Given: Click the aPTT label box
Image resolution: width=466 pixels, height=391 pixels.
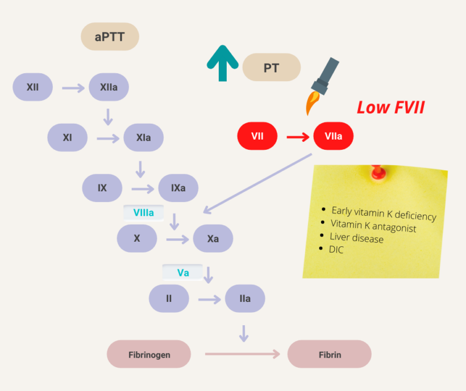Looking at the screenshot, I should (x=110, y=37).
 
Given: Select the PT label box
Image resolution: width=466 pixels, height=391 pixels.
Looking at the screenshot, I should (x=271, y=68).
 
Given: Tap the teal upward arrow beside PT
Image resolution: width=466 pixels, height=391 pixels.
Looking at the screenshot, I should (x=222, y=63).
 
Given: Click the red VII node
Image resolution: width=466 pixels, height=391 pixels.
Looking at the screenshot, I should (x=257, y=136).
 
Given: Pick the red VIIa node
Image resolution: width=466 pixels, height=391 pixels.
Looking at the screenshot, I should (x=333, y=136).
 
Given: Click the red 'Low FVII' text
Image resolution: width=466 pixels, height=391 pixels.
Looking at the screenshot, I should (x=390, y=107).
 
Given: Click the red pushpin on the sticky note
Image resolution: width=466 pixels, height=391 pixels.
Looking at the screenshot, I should (x=375, y=171).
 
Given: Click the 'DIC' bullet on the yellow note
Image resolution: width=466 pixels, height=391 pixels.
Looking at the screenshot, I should (x=336, y=249).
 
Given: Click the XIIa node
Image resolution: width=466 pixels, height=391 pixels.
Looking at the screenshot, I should (x=109, y=88).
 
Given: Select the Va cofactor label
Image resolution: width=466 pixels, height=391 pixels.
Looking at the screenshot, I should (x=182, y=272).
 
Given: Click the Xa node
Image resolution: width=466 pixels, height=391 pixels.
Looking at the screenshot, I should (x=213, y=238).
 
